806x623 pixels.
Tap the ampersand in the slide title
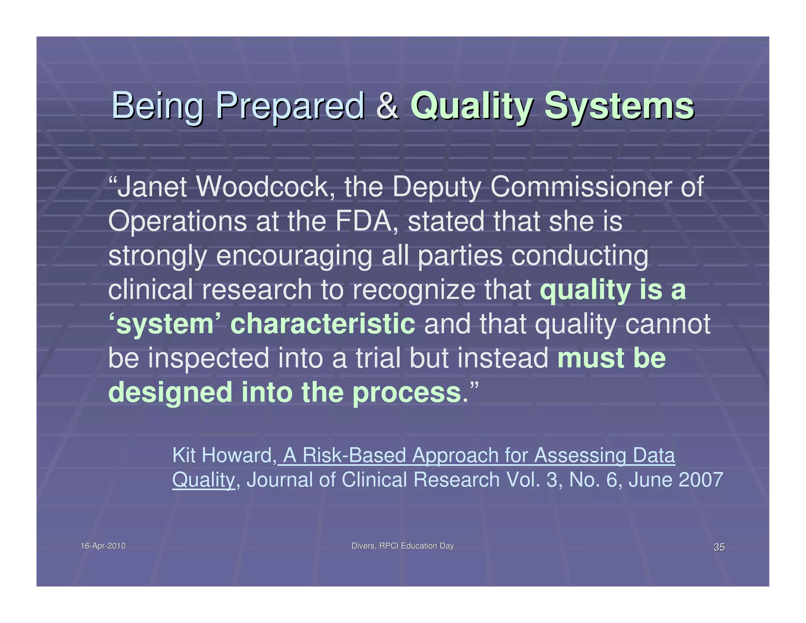pos(387,106)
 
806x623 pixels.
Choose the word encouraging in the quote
pos(294,256)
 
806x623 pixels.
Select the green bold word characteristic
pos(323,324)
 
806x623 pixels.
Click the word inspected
pos(209,358)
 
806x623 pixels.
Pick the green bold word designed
pos(170,393)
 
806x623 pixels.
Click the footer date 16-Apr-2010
pos(103,546)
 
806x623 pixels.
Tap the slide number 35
pos(719,547)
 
